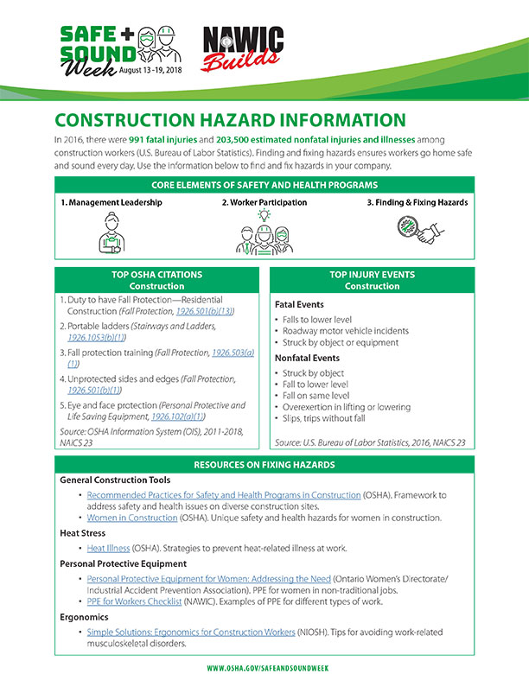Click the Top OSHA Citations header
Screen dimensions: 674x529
156,280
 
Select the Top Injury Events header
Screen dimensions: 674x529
372,280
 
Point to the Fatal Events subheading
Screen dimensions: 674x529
300,305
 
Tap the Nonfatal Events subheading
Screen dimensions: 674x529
308,356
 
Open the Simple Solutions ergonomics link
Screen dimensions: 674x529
190,631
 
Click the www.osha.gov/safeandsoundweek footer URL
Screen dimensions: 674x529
264,667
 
